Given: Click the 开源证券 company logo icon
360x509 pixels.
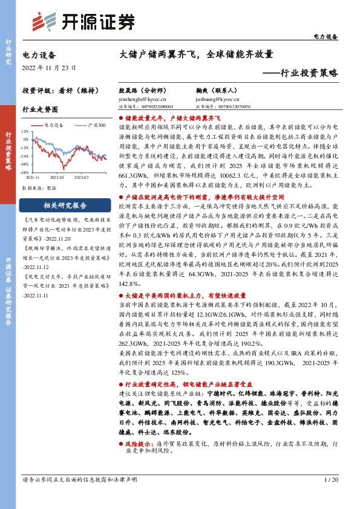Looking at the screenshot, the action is (39, 21).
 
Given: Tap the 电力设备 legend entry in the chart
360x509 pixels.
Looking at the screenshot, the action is (54, 125).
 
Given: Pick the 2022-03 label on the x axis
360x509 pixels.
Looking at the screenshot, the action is (57, 178).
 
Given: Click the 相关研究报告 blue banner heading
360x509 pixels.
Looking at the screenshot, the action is (65, 204).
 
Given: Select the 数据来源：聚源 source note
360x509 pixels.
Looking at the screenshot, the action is (39, 188).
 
